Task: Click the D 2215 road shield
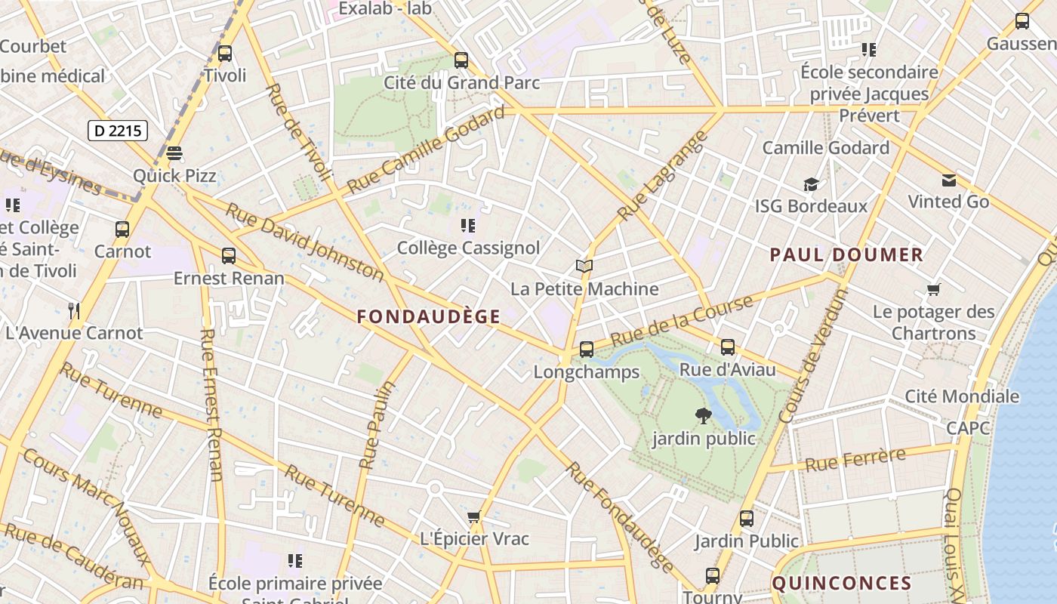pos(118,131)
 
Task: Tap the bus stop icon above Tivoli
pos(224,54)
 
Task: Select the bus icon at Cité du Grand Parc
pos(461,60)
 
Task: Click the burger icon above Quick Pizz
pos(174,153)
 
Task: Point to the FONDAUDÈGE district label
pos(428,317)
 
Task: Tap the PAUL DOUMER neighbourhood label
pos(846,255)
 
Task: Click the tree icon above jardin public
pos(703,416)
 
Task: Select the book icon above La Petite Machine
pos(584,266)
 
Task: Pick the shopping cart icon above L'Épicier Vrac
pos(473,517)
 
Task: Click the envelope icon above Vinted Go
pos(948,180)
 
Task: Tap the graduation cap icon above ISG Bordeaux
pos(811,184)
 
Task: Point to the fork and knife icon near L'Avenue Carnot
pos(74,310)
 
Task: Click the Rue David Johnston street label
pos(304,242)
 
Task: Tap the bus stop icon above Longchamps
pos(586,350)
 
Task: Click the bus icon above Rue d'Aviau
pos(727,347)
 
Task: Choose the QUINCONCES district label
pos(842,583)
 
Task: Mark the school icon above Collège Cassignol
pos(467,226)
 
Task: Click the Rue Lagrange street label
pos(662,176)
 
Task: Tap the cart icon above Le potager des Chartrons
pos(933,290)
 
